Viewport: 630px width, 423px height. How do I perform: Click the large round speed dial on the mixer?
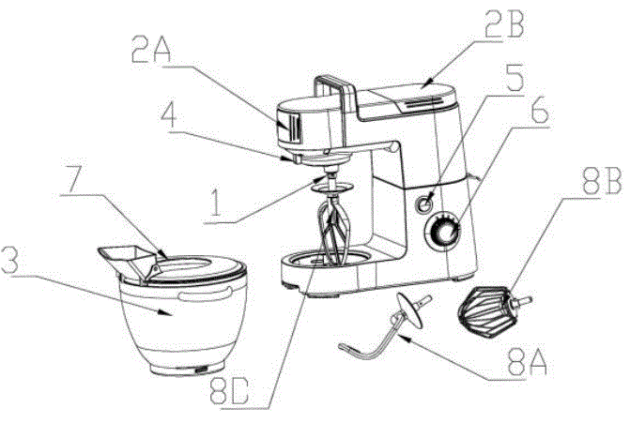pos(443,232)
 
